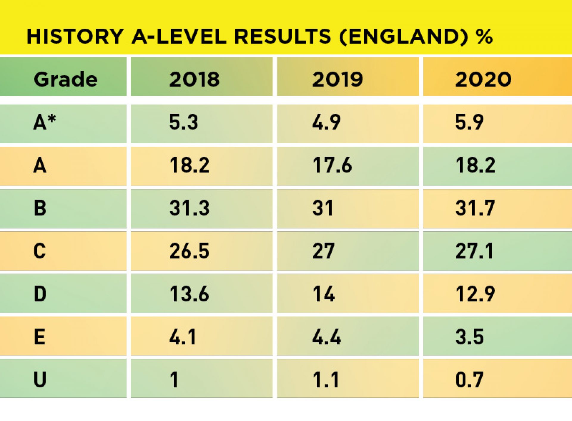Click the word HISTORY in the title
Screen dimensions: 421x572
pyautogui.click(x=75, y=37)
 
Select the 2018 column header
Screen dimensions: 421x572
pyautogui.click(x=194, y=80)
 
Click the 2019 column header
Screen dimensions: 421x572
pyautogui.click(x=337, y=80)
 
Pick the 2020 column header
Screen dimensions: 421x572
pyautogui.click(x=483, y=80)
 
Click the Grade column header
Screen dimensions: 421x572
pyautogui.click(x=66, y=80)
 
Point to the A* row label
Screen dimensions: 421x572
pyautogui.click(x=44, y=122)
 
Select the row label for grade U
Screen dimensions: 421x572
pyautogui.click(x=40, y=380)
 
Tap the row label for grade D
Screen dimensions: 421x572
pyautogui.click(x=40, y=294)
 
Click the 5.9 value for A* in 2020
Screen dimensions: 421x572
pyautogui.click(x=469, y=122)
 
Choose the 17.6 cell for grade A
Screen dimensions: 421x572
pyautogui.click(x=332, y=165)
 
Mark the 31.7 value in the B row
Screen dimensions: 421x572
pyautogui.click(x=475, y=208)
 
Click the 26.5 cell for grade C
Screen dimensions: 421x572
pyautogui.click(x=189, y=251)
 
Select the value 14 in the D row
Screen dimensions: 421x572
pyautogui.click(x=324, y=294)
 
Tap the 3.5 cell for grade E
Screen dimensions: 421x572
pyautogui.click(x=469, y=337)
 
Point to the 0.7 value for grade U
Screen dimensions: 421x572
pyautogui.click(x=469, y=380)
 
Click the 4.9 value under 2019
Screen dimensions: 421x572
pyautogui.click(x=326, y=122)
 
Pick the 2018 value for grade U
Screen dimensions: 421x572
pyautogui.click(x=174, y=380)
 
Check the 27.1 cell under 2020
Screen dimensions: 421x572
pyautogui.click(x=474, y=251)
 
